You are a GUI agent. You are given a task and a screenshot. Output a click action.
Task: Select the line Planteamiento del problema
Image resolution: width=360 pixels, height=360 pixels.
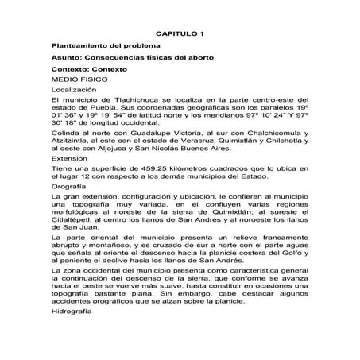coord(100,47)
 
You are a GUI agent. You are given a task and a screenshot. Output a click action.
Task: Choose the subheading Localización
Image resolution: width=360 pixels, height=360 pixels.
coord(73,91)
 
